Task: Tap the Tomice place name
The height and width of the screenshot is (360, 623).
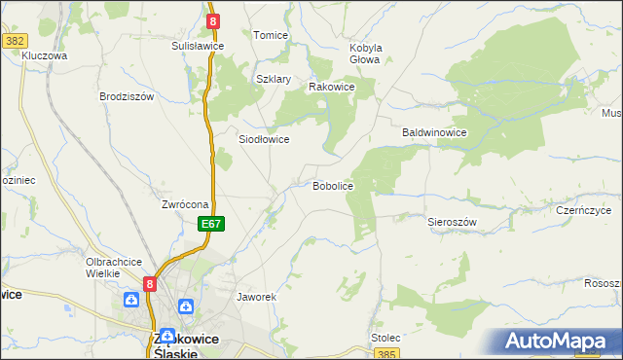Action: pos(271,35)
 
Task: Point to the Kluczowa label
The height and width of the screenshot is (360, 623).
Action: pos(44,56)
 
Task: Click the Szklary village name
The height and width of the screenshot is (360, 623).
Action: pos(274,80)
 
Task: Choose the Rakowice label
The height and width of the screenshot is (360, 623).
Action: pos(331,87)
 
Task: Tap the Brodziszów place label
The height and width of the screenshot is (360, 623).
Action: pos(128,96)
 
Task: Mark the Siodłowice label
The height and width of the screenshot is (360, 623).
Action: pos(264,139)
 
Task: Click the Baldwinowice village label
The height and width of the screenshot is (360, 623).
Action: pos(435,132)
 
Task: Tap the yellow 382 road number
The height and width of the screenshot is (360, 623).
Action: pos(15,40)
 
